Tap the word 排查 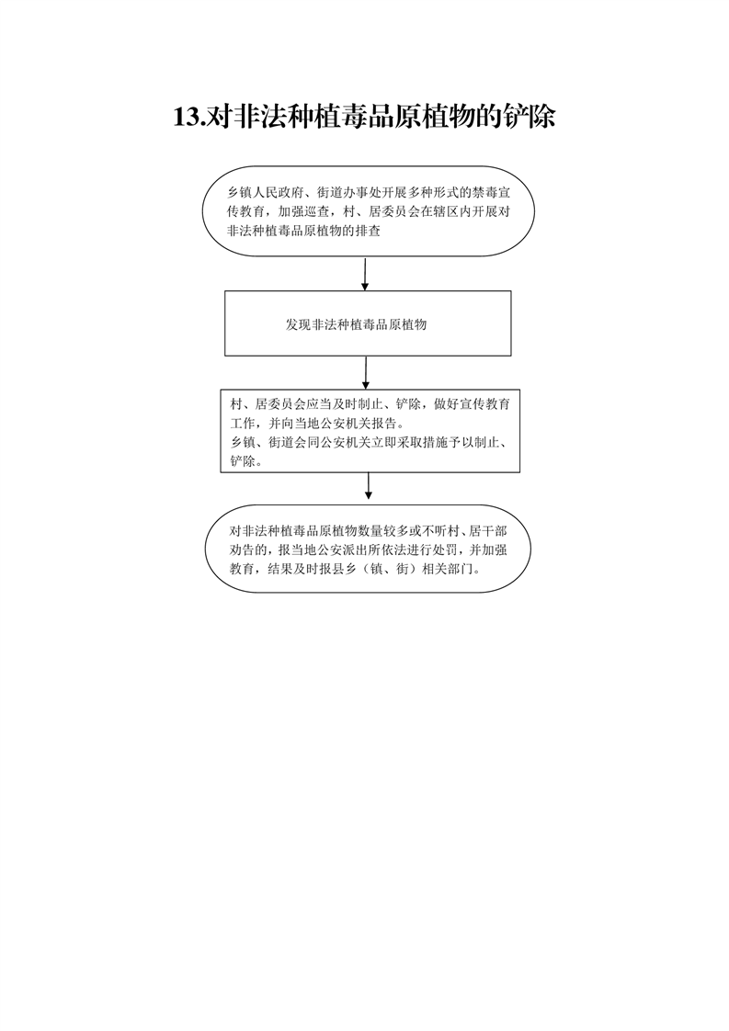(369, 232)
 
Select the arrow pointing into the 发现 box (365, 274)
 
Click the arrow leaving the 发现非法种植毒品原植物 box (366, 373)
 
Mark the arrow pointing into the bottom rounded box (369, 486)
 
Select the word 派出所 (366, 550)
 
